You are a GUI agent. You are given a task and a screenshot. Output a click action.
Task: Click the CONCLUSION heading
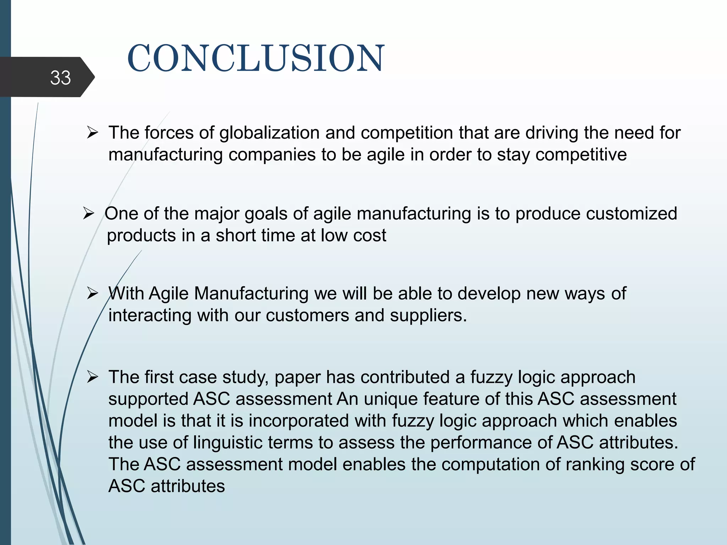[x=256, y=59]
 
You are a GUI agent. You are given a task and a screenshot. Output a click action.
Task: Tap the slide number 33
[x=60, y=77]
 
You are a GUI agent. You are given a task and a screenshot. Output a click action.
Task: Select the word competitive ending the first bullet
[x=581, y=155]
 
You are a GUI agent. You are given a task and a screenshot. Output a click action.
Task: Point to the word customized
[x=632, y=214]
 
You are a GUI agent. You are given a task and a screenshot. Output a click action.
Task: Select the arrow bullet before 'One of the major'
[x=88, y=214]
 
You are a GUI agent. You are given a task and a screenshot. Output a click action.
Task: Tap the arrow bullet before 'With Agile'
[x=92, y=294]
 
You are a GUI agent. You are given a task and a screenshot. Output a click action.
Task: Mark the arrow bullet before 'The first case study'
[x=92, y=378]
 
